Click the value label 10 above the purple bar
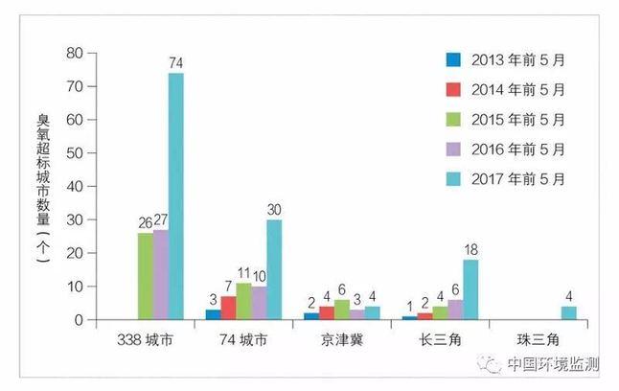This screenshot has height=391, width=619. point(259,278)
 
